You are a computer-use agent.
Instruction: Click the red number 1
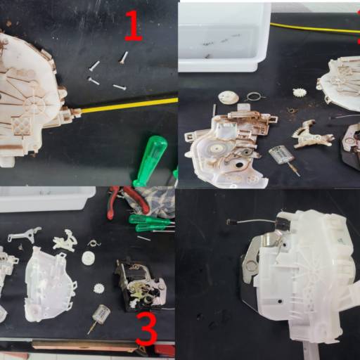[x=133, y=26]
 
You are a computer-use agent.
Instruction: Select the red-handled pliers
[x=127, y=202]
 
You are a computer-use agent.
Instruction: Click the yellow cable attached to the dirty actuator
[x=129, y=105]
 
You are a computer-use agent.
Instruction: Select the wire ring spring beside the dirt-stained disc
[x=255, y=96]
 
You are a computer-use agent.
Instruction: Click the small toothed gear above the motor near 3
[x=99, y=288]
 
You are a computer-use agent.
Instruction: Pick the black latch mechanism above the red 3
[x=139, y=284]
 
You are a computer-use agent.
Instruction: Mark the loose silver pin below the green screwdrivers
[x=143, y=238]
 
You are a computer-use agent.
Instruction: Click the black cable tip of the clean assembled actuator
[x=229, y=221]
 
